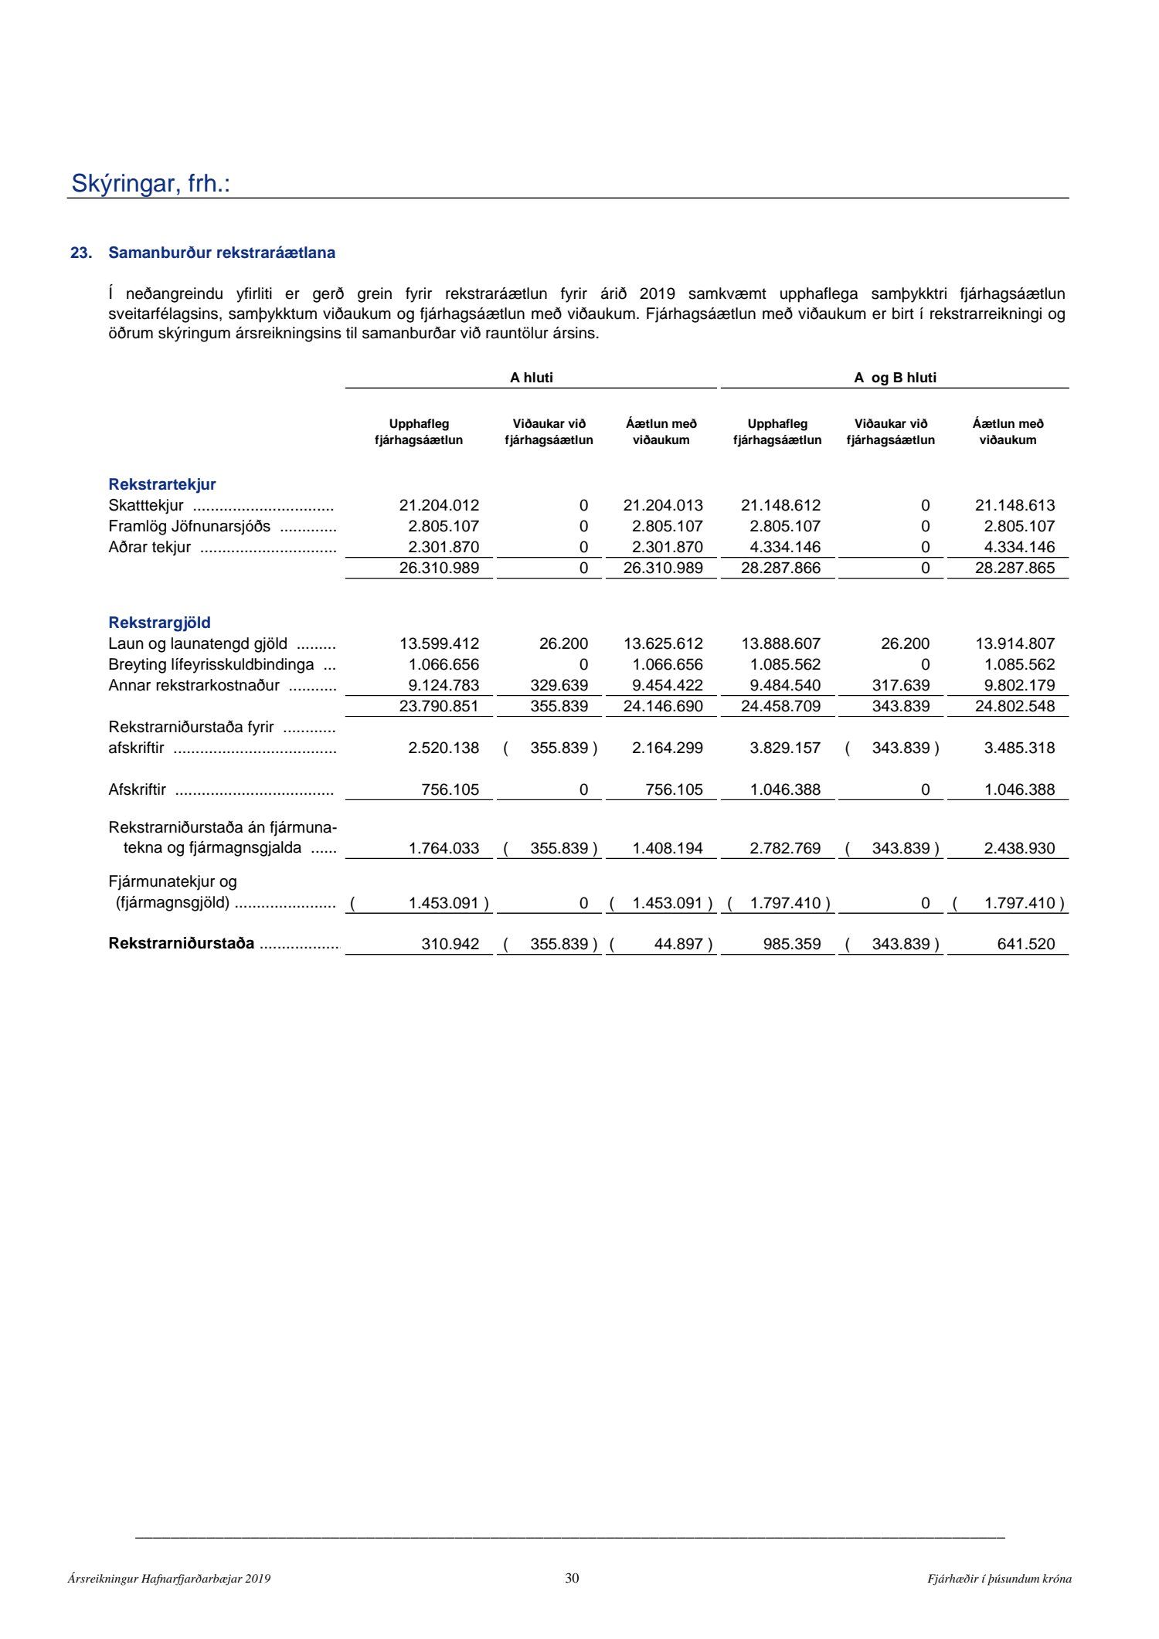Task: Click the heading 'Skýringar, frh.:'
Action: point(151,184)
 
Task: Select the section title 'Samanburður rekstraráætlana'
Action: point(222,253)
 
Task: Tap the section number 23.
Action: point(80,253)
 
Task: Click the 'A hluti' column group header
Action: point(531,378)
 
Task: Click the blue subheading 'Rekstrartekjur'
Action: point(162,484)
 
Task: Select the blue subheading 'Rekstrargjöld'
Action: point(159,623)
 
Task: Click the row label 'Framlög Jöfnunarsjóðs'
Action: point(189,527)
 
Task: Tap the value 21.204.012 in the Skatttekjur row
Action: point(439,506)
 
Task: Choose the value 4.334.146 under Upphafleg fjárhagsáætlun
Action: point(785,548)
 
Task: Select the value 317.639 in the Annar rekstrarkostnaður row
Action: point(900,685)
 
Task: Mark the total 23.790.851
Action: point(439,706)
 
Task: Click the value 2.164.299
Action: point(667,748)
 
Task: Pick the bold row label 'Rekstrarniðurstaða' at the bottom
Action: point(182,943)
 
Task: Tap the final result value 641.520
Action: point(1025,944)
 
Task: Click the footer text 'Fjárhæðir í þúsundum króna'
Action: point(999,1579)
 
